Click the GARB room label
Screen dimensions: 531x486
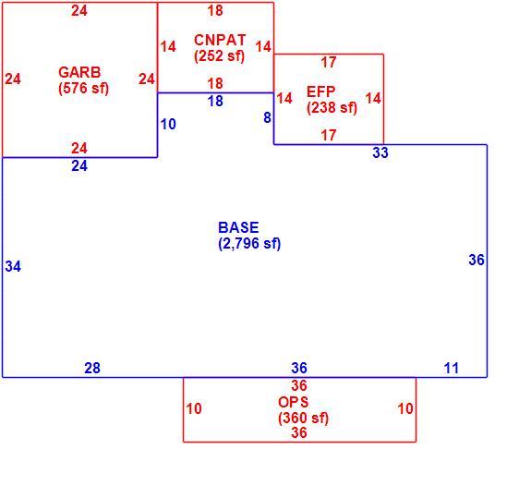click(x=79, y=72)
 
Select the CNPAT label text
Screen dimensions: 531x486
click(x=220, y=40)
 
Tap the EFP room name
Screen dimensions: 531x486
click(x=321, y=91)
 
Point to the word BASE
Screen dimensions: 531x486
click(x=238, y=227)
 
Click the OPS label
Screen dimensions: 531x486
click(x=294, y=402)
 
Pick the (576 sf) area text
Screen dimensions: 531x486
click(x=84, y=89)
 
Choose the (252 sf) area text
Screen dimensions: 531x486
click(x=219, y=56)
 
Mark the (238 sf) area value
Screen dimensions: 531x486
click(x=332, y=108)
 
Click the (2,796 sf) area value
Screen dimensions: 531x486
click(x=249, y=244)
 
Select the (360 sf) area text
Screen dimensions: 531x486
click(x=304, y=419)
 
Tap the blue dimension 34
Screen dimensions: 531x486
click(x=13, y=266)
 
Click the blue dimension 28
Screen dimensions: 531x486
click(x=92, y=368)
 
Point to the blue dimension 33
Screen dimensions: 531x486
click(x=380, y=152)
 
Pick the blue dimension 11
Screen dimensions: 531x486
click(x=451, y=368)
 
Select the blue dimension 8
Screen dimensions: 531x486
click(x=267, y=117)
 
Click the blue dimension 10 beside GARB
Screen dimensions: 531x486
click(x=168, y=124)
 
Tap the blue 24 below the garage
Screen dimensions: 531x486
click(x=79, y=165)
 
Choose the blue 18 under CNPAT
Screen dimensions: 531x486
click(x=215, y=101)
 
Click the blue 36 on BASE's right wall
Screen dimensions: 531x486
click(x=477, y=260)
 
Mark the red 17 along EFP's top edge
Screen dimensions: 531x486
click(x=329, y=62)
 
